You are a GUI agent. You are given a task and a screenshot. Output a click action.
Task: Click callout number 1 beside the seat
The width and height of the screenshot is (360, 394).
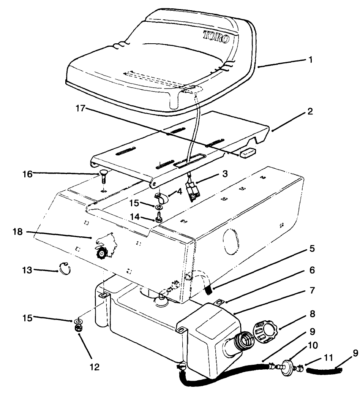311,60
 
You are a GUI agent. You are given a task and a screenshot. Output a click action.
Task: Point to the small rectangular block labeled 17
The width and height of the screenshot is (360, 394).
247,152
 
